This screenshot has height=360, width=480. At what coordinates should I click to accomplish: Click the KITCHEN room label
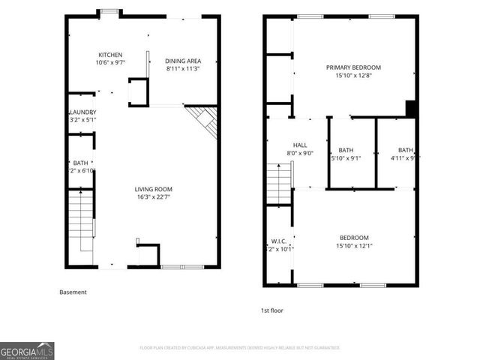pyautogui.click(x=111, y=55)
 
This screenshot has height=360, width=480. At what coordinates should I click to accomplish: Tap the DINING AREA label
pyautogui.click(x=183, y=61)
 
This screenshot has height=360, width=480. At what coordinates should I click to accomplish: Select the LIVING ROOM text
pyautogui.click(x=154, y=189)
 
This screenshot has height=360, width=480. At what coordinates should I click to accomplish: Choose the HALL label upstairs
pyautogui.click(x=300, y=145)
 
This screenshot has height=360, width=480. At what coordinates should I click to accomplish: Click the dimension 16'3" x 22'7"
pyautogui.click(x=154, y=198)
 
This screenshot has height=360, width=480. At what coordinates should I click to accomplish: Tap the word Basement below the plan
pyautogui.click(x=73, y=292)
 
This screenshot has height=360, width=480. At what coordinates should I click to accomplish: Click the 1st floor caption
pyautogui.click(x=272, y=310)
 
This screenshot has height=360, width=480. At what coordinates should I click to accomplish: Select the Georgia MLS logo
pyautogui.click(x=27, y=350)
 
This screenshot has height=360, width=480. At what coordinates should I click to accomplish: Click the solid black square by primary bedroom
pyautogui.click(x=410, y=109)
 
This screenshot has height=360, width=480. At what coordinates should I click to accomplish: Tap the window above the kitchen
pyautogui.click(x=110, y=12)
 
